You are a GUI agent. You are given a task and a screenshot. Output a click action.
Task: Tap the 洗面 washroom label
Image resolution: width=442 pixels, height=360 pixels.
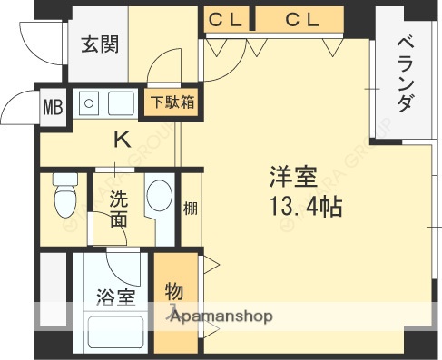(x=119, y=209)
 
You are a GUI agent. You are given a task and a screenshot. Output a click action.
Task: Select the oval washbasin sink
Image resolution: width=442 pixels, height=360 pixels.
(x=160, y=200)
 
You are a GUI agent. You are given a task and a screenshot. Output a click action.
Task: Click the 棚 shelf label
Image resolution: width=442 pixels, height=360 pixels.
(x=191, y=209)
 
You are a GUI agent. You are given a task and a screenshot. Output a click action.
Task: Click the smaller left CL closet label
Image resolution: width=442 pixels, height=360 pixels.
(x=223, y=18)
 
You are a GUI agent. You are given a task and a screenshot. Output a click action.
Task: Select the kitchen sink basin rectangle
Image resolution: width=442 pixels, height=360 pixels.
(x=121, y=103)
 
